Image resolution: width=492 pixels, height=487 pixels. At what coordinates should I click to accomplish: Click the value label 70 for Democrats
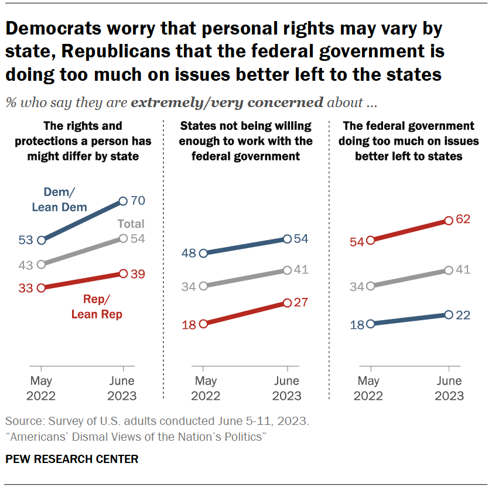pyautogui.click(x=138, y=201)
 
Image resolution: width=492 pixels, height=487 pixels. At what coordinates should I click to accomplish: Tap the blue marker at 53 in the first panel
pyautogui.click(x=41, y=240)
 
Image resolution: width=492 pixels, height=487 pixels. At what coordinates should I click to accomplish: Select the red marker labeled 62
pyautogui.click(x=448, y=221)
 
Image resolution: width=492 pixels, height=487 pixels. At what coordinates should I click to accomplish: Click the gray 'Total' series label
pyautogui.click(x=131, y=224)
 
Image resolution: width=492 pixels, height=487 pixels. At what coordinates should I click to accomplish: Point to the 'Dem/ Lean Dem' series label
pyautogui.click(x=66, y=199)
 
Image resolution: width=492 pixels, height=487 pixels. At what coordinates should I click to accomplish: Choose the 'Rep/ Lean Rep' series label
pyautogui.click(x=97, y=307)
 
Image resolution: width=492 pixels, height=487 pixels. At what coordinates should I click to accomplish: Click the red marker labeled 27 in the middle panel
pyautogui.click(x=287, y=303)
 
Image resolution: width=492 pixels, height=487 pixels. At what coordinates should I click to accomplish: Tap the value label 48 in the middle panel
pyautogui.click(x=189, y=253)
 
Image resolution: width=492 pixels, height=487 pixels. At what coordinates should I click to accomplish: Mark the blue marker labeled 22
pyautogui.click(x=448, y=314)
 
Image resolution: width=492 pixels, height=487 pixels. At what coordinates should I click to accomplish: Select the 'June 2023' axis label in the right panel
pyautogui.click(x=449, y=388)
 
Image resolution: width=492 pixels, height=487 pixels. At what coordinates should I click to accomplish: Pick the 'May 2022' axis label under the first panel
pyautogui.click(x=41, y=388)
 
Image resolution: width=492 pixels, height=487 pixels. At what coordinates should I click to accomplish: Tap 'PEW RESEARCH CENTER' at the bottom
pyautogui.click(x=72, y=459)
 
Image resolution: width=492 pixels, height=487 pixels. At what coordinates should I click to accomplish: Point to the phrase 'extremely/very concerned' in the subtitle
pyautogui.click(x=227, y=103)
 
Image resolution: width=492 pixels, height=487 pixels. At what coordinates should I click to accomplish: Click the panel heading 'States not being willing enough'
pyautogui.click(x=245, y=140)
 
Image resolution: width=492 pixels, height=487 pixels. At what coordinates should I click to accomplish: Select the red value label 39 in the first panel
pyautogui.click(x=138, y=273)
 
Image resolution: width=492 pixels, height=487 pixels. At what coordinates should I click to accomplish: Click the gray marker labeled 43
pyautogui.click(x=41, y=264)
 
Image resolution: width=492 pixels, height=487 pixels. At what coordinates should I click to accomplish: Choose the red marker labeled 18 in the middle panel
pyautogui.click(x=203, y=324)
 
